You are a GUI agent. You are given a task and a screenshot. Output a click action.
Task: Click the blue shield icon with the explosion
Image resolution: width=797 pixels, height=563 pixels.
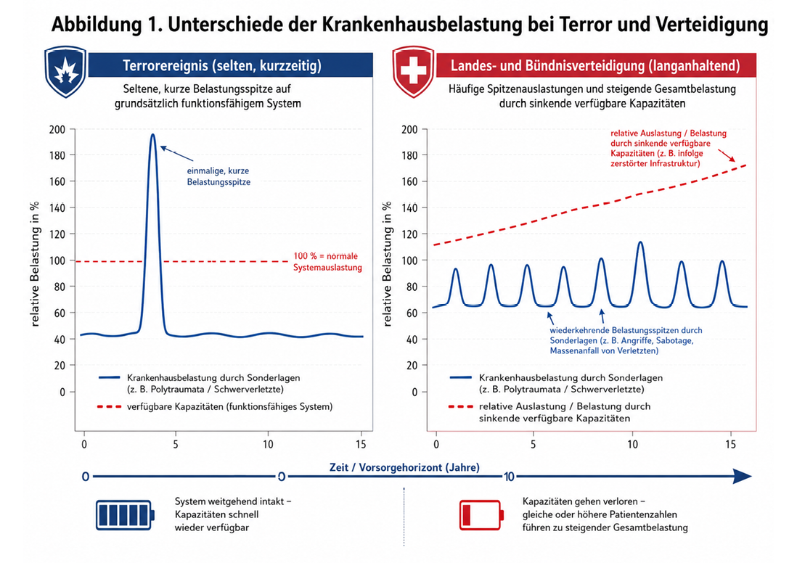[65, 72]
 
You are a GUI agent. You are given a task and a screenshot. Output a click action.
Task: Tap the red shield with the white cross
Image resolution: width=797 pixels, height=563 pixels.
[413, 72]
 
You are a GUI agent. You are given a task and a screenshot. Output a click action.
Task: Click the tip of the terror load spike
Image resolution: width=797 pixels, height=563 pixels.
[152, 135]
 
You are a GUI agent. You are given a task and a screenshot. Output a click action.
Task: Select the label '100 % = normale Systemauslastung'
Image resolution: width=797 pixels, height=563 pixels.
[327, 262]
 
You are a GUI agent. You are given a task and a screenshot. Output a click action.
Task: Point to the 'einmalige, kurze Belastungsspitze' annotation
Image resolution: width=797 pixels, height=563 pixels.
[218, 176]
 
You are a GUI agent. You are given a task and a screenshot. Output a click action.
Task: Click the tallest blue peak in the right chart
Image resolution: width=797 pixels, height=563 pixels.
[640, 242]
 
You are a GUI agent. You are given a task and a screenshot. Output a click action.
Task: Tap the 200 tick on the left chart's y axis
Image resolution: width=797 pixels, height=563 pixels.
[57, 130]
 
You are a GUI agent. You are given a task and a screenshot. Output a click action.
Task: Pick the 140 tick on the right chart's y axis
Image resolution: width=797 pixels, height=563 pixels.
[409, 207]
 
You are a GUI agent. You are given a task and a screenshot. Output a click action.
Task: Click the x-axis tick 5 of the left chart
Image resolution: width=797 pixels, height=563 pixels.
[176, 445]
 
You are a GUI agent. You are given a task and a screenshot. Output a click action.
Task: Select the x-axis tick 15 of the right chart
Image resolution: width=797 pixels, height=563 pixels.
[730, 445]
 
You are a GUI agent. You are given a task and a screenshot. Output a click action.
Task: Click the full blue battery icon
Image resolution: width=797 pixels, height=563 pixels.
[125, 514]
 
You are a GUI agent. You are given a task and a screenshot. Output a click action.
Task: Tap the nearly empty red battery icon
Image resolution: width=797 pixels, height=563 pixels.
[481, 514]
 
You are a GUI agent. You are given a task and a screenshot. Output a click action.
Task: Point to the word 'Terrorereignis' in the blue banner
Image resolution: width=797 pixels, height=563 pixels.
[165, 65]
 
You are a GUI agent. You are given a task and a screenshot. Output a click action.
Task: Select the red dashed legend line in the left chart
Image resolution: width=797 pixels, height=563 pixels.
[110, 406]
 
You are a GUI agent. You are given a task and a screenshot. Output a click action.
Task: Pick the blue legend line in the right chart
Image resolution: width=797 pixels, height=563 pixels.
[461, 377]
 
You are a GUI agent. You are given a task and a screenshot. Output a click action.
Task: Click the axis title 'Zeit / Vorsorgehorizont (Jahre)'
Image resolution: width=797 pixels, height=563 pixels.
[404, 467]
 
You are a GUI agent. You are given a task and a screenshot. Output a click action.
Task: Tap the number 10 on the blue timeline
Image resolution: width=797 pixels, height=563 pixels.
[509, 477]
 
